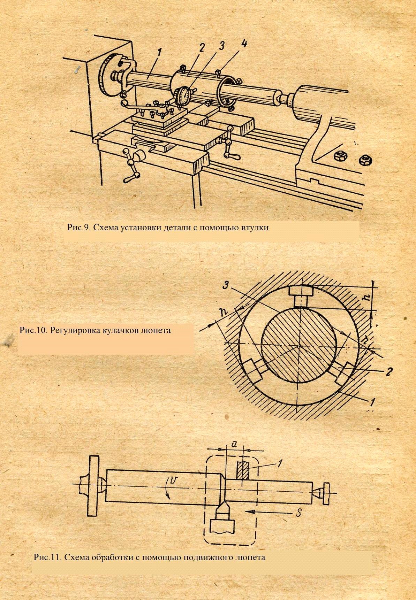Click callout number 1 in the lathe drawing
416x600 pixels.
(x=159, y=53)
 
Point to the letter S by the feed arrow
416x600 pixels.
(x=298, y=513)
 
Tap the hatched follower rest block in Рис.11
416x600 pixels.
(x=243, y=470)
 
